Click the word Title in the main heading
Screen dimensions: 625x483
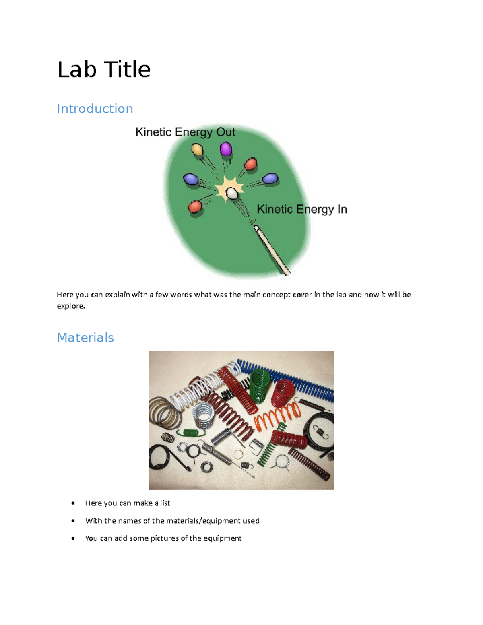pyautogui.click(x=127, y=70)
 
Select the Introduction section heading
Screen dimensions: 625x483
pyautogui.click(x=95, y=109)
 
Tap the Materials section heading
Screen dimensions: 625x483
pyautogui.click(x=85, y=337)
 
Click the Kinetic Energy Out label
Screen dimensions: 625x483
pyautogui.click(x=185, y=132)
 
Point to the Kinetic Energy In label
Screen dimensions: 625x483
pyautogui.click(x=302, y=209)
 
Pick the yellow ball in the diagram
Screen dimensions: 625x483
pyautogui.click(x=197, y=150)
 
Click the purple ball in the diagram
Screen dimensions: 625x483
pyautogui.click(x=226, y=149)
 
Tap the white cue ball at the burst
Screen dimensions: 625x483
pyautogui.click(x=232, y=193)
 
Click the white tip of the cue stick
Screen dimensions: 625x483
pyautogui.click(x=256, y=228)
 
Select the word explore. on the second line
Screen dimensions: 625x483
pyautogui.click(x=71, y=306)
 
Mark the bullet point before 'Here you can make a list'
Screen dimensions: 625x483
pyautogui.click(x=73, y=503)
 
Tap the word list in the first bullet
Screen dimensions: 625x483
pyautogui.click(x=165, y=503)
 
